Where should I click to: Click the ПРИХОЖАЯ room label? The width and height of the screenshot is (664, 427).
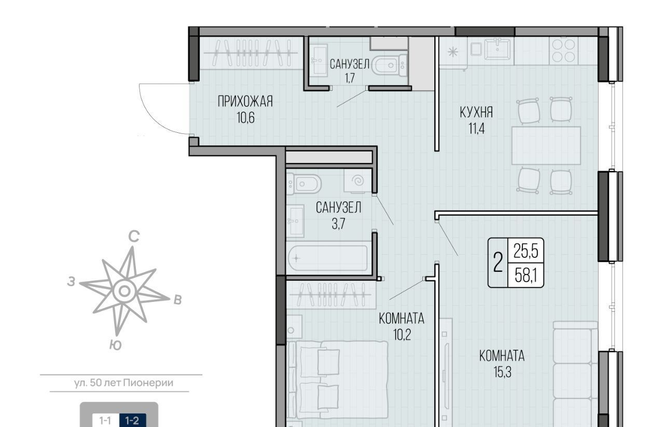(x=245, y=101)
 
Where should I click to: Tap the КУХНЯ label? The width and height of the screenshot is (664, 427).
(x=476, y=112)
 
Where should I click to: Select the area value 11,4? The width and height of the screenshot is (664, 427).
(x=476, y=129)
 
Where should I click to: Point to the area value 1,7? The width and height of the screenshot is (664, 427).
(x=350, y=78)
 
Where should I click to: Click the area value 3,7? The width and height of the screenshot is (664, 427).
(x=339, y=224)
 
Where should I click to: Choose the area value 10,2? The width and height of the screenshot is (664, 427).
(x=402, y=335)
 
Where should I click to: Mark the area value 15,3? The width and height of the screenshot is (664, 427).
(x=503, y=372)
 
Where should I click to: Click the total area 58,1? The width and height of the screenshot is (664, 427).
(x=526, y=276)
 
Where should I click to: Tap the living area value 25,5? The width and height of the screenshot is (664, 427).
(x=526, y=252)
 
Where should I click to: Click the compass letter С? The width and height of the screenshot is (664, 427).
(x=134, y=237)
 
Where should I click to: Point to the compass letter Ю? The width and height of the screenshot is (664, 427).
(x=115, y=345)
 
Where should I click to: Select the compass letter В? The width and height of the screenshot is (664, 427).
(x=177, y=300)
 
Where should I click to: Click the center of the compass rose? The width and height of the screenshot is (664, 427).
(x=125, y=291)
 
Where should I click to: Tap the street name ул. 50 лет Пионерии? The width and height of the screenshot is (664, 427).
(x=123, y=383)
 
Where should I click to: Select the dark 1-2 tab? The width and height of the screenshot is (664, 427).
(x=132, y=420)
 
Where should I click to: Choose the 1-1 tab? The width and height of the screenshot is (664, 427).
(x=105, y=420)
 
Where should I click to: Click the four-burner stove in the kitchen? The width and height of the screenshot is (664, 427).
(x=564, y=51)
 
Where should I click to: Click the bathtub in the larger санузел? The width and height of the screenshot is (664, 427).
(x=328, y=258)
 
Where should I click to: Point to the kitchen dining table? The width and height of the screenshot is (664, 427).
(x=546, y=145)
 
